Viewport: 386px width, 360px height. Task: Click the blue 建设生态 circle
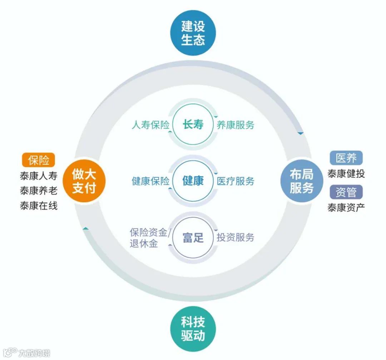[x=193, y=33]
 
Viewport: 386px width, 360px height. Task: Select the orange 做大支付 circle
[x=84, y=181]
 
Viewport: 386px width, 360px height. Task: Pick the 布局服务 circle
[x=301, y=181]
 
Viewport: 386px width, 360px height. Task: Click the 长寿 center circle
[x=193, y=124]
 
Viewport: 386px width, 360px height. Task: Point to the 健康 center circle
[x=193, y=181]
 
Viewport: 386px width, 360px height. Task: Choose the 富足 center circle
[x=193, y=237]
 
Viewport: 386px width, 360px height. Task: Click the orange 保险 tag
[x=39, y=161]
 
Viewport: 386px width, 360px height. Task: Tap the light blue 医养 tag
[x=346, y=158]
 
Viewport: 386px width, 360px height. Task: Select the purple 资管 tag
[x=346, y=192]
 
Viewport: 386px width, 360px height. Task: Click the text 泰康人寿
[x=39, y=176]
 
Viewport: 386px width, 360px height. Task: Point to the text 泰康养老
[x=39, y=191]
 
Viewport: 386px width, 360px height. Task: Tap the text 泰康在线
[x=39, y=206]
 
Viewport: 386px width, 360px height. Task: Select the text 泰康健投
[x=346, y=174]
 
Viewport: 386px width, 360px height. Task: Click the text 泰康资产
[x=346, y=207]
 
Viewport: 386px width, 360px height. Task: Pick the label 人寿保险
[x=150, y=125]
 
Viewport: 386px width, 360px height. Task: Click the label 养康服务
[x=236, y=125]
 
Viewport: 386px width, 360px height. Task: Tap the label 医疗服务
[x=236, y=181]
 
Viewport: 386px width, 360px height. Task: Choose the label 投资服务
[x=236, y=237]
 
